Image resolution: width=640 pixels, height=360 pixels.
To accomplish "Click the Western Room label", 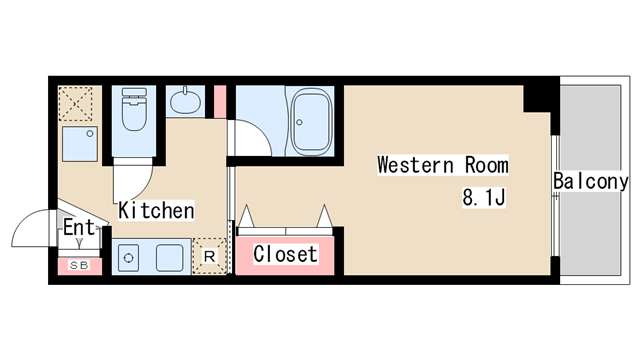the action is point(443,165).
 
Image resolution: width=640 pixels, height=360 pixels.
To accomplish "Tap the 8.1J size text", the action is point(484,197).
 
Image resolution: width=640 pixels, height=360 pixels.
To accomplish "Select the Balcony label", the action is point(591,181).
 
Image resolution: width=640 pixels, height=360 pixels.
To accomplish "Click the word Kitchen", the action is point(156,211).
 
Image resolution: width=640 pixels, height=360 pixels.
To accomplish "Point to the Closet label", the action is point(285,254).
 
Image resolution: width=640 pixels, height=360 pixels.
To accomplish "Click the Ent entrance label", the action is point(78,227).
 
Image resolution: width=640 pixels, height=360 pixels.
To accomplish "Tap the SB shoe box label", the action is point(79,265).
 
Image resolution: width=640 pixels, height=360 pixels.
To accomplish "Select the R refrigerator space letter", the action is point(209,257).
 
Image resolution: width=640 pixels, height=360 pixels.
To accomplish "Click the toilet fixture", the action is point(134,109).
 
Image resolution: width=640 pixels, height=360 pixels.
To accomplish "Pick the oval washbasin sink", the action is point(185,101).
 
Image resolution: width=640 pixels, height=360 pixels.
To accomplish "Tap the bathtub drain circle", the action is point(299,122).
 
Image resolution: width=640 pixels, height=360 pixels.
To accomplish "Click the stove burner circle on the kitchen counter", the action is point(128,258).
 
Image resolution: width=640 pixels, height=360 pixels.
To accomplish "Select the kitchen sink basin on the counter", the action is point(170,258).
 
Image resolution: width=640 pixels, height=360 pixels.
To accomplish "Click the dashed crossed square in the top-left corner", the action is point(75,104).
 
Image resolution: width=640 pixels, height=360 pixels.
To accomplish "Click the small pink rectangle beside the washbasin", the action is point(220,102).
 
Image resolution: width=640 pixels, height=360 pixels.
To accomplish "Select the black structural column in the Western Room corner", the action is point(538,98).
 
